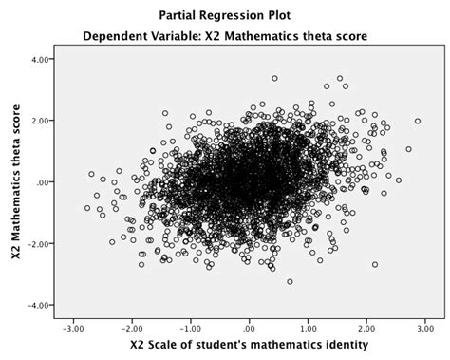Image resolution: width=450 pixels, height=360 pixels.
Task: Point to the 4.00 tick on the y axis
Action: pyautogui.click(x=39, y=59)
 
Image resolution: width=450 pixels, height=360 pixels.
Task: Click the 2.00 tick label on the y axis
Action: pyautogui.click(x=39, y=121)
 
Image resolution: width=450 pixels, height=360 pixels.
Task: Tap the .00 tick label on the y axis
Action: pyautogui.click(x=43, y=182)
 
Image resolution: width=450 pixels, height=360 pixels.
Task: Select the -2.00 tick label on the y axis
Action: pyautogui.click(x=37, y=244)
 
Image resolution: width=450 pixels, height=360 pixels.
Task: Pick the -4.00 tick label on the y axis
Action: pyautogui.click(x=37, y=306)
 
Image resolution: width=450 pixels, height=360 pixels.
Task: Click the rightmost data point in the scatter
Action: pyautogui.click(x=417, y=121)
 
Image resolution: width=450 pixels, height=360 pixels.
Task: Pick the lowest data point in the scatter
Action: pyautogui.click(x=290, y=281)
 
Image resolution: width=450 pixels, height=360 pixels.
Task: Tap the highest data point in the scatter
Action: pyautogui.click(x=274, y=79)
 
